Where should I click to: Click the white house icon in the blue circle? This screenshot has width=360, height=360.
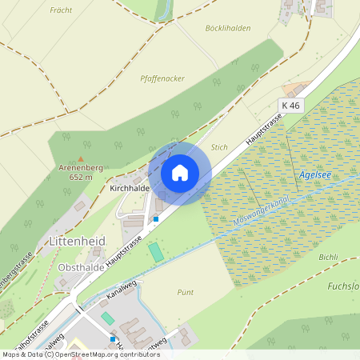(x=180, y=173)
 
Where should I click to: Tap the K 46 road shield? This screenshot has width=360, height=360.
(x=290, y=106)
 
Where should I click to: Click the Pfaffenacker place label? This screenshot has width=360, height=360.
(x=162, y=78)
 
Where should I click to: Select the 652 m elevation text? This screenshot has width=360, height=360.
(x=82, y=177)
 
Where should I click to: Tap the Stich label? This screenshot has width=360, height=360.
(x=219, y=148)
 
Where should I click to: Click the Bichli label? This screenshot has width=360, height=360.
(x=328, y=258)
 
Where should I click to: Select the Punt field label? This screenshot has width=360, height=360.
(x=185, y=292)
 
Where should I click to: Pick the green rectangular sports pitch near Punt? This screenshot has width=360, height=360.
(x=155, y=251)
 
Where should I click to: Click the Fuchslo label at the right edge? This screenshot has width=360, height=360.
(x=344, y=286)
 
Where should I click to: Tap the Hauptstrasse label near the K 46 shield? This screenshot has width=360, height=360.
(x=264, y=128)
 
